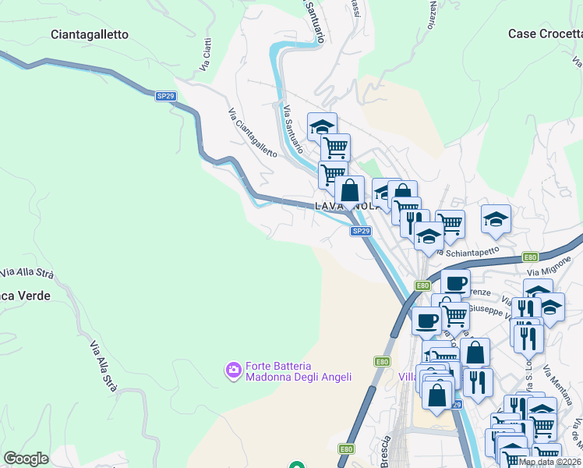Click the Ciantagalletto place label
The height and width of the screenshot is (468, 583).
coord(89,34)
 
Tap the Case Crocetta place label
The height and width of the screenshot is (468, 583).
coord(545,34)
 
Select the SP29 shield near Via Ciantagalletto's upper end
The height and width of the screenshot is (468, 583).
coord(164,96)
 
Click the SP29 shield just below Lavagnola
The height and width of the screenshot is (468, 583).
coord(359,231)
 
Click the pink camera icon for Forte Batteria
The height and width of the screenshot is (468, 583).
coord(232,371)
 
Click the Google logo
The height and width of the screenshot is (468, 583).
coord(26,459)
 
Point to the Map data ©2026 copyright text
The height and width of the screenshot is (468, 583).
coord(549,462)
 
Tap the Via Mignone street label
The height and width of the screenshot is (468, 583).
coord(549,268)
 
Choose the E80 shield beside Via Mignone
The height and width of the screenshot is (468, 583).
coord(530,257)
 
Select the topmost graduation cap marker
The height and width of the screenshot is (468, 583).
coord(322,126)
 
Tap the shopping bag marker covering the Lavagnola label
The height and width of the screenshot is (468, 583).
coord(350,190)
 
